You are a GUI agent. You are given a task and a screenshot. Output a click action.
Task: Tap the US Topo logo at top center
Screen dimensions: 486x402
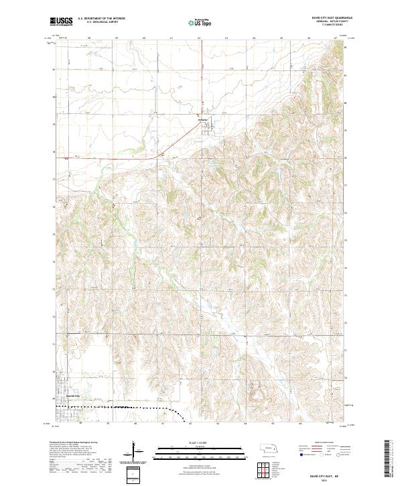(200, 23)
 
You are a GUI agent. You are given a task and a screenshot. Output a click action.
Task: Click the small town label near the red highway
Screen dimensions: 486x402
(204, 120)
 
